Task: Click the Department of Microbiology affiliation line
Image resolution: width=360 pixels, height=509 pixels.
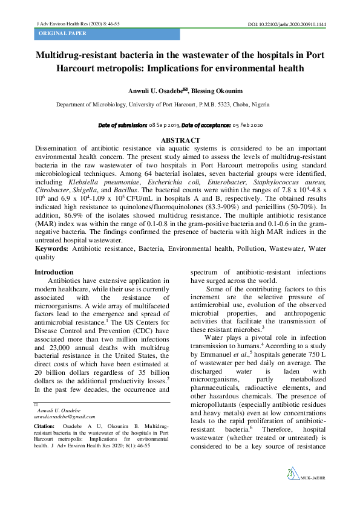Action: point(167,105)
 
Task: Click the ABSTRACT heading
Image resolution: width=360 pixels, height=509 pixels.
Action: point(180,140)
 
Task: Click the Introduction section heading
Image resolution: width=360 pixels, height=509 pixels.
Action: point(54,273)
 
